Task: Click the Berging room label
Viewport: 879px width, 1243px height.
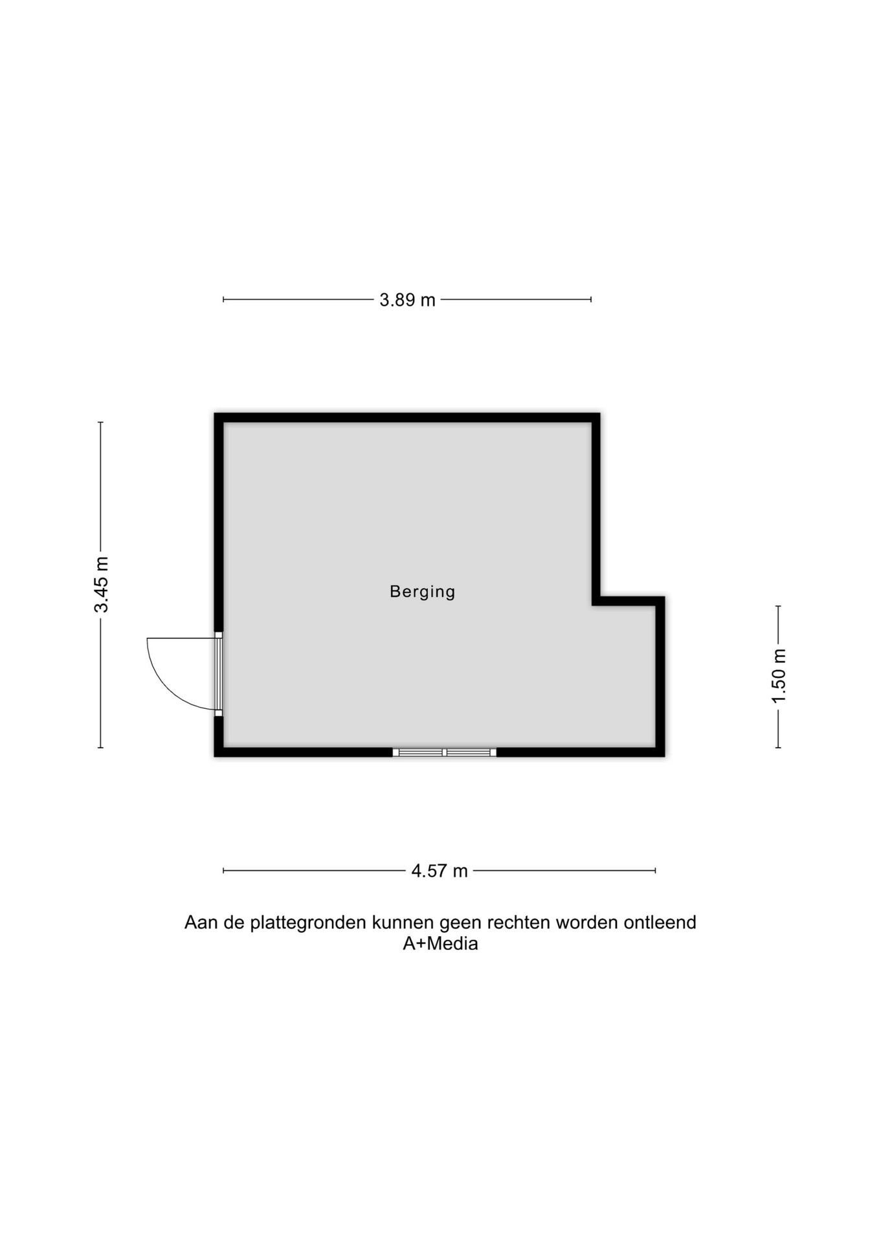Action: pos(422,592)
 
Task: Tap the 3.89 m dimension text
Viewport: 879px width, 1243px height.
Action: pos(407,300)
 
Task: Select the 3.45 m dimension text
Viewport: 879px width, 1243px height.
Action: pos(102,585)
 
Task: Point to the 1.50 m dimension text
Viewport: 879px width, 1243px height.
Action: pos(779,676)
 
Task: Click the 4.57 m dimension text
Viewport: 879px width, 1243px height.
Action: pos(439,871)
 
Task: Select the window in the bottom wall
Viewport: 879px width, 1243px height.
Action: pos(444,752)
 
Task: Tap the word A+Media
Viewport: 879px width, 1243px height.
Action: pos(440,944)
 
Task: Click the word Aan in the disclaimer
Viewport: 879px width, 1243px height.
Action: pos(201,923)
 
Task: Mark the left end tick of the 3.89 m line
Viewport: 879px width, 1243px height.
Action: pos(223,300)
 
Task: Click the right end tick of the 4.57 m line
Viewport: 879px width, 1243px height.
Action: pos(656,871)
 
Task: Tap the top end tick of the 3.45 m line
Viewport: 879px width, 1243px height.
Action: pos(100,422)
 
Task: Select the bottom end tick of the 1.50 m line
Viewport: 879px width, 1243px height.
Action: pos(778,748)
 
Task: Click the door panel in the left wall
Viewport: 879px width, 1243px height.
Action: pos(219,674)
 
